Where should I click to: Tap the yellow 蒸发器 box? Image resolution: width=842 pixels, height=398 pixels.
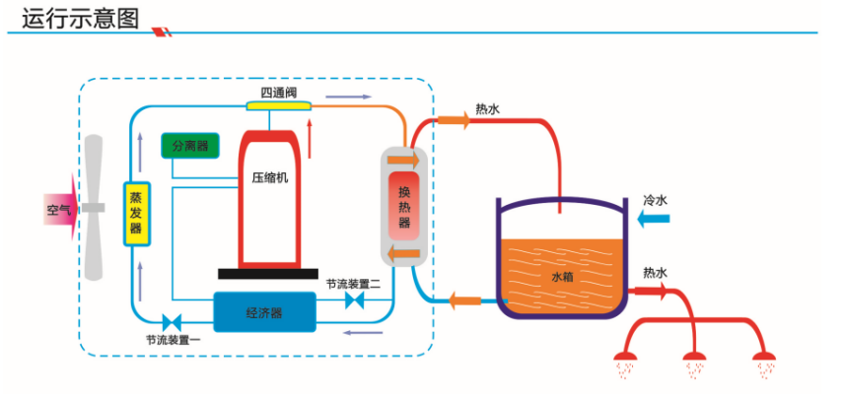point(135,213)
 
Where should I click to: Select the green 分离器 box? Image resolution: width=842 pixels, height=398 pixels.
point(189,146)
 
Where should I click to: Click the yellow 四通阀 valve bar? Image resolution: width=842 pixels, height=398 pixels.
point(278,104)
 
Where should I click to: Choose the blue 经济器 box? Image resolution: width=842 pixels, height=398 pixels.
point(263,312)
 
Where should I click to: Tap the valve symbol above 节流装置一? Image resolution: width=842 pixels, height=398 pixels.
point(175,321)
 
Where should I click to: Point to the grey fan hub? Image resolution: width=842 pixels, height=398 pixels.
point(94,208)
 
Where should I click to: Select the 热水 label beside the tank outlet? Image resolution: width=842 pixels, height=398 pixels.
point(655,272)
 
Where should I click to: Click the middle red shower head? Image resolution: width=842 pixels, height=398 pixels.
point(696,358)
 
